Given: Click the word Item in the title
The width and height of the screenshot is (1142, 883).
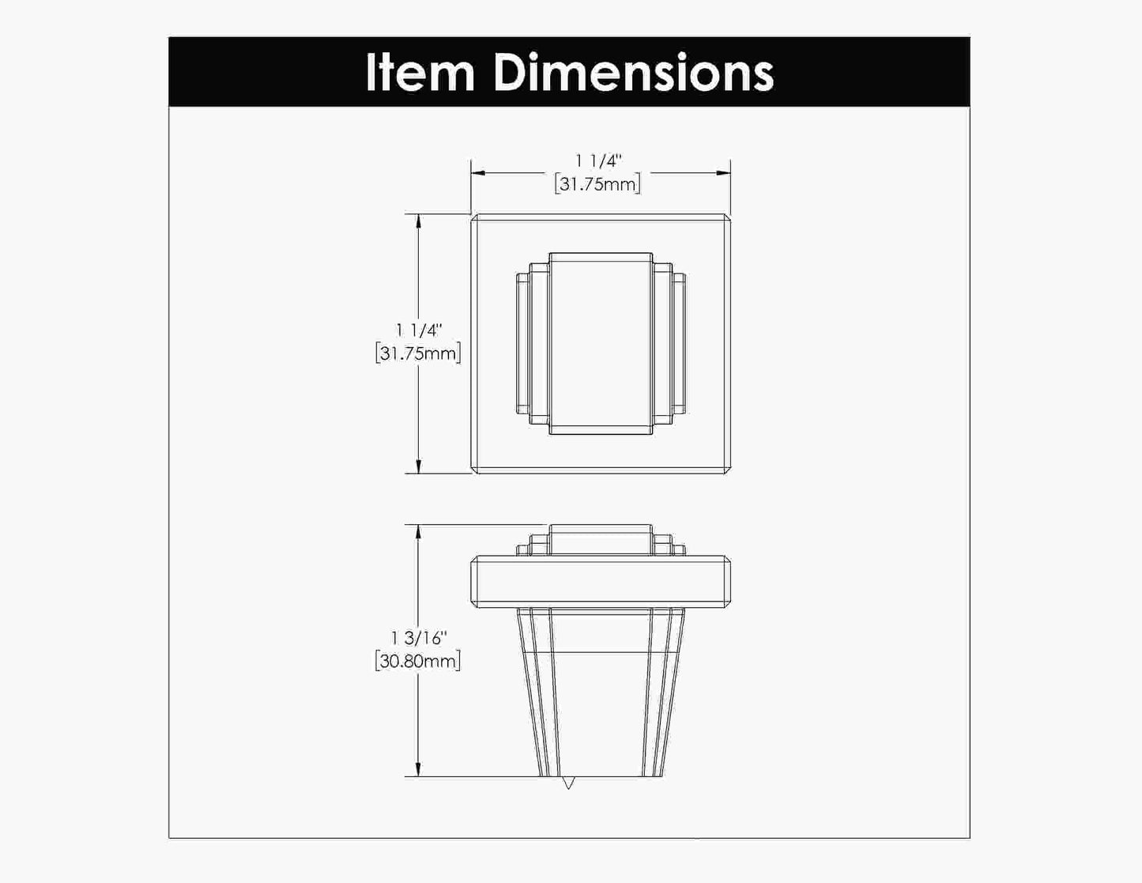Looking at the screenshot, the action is (420, 72).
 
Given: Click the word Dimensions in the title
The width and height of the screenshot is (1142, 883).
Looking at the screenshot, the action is (634, 72).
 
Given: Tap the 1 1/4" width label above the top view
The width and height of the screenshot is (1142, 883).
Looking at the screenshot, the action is (598, 160).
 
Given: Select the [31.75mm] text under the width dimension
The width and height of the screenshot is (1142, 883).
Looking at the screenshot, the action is (597, 184).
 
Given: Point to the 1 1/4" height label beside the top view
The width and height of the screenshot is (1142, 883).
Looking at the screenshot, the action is (418, 330).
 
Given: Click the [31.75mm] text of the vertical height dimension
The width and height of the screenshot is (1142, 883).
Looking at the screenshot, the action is (418, 353).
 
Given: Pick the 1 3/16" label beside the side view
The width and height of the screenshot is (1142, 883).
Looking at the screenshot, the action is (418, 638).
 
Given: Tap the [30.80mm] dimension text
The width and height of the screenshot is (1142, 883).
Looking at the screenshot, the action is (418, 661).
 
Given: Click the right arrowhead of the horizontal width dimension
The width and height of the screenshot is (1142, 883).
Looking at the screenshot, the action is (724, 173).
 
